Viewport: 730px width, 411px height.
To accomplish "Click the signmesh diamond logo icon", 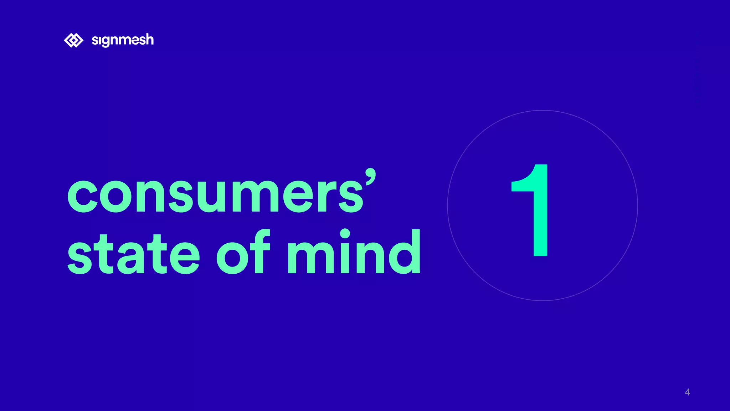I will click(73, 40).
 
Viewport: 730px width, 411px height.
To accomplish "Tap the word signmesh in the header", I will click(123, 40).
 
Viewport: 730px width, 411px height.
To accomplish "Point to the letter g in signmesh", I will click(107, 41).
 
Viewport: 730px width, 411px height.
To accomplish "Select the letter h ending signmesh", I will click(149, 39).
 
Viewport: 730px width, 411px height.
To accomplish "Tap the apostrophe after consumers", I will click(370, 176).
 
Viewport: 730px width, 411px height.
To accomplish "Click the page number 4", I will click(687, 392).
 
